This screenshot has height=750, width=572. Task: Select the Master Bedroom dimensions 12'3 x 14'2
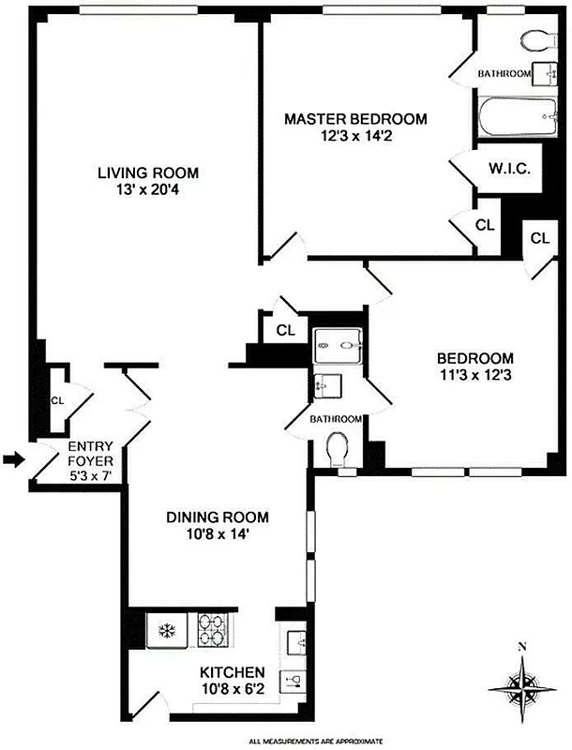click(x=355, y=136)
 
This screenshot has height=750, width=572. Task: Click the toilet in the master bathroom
click(x=535, y=40)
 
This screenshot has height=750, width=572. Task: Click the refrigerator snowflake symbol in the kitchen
click(x=168, y=628)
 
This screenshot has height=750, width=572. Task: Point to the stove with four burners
click(x=212, y=628)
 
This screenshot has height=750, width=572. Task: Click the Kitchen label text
click(x=232, y=673)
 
